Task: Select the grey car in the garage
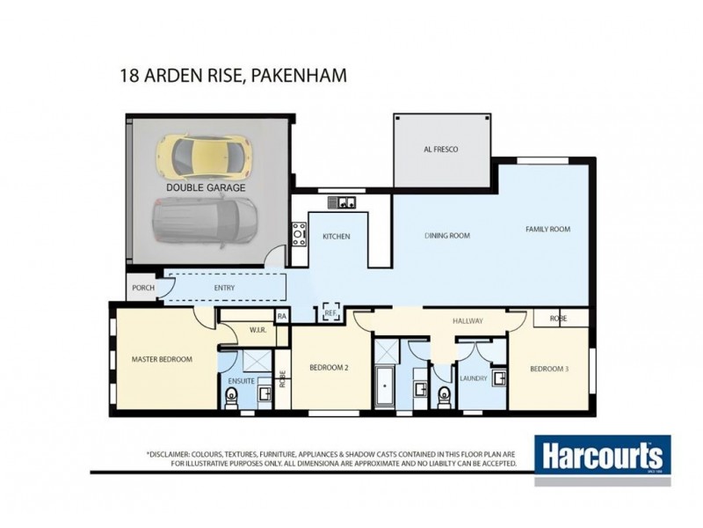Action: coord(204,220)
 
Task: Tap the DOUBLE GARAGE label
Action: coord(206,187)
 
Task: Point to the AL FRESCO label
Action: coord(441,150)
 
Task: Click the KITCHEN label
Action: coord(336,237)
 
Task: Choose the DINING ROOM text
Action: coord(447,236)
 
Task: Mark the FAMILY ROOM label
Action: coord(547,229)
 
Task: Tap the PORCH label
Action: coord(143,288)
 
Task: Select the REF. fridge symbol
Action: coord(331,312)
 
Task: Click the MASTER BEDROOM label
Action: coord(162,359)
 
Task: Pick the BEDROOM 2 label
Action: coord(330,369)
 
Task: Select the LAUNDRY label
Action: coord(473,378)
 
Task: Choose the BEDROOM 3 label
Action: coord(549,369)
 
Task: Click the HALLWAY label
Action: coord(468,321)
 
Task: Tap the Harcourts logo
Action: coord(602,458)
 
